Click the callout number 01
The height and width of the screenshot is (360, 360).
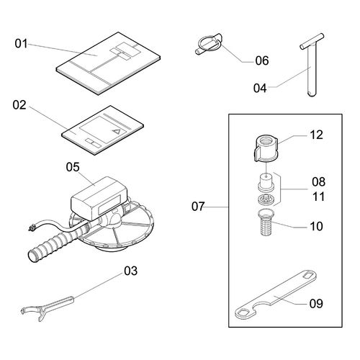(x=22, y=44)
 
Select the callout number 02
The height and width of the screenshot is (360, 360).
(x=19, y=105)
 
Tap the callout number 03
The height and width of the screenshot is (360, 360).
(x=131, y=271)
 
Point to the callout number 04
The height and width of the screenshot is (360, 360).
(x=260, y=88)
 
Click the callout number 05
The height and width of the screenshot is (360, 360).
(x=73, y=167)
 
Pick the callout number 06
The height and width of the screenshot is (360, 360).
(x=262, y=60)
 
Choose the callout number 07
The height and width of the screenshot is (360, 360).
(x=198, y=207)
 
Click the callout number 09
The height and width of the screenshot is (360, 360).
(x=316, y=304)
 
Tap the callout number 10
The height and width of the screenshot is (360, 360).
(x=316, y=226)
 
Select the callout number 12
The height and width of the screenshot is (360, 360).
(x=317, y=135)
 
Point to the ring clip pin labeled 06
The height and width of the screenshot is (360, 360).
(x=208, y=45)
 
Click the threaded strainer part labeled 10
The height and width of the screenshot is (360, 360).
(x=266, y=222)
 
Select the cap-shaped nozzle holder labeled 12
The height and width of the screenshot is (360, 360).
(x=266, y=149)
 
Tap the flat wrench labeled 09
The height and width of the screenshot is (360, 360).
(x=275, y=295)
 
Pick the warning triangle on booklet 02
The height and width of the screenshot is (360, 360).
(x=117, y=131)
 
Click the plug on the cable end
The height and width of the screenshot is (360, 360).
(x=31, y=228)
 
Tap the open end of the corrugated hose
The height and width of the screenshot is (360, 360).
(x=32, y=256)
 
